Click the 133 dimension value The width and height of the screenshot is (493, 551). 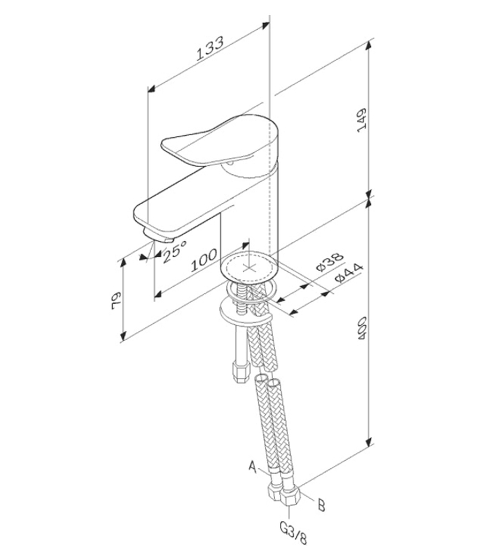[x=210, y=48]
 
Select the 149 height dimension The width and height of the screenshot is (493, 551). [x=361, y=120]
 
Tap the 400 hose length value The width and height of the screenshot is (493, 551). [x=362, y=329]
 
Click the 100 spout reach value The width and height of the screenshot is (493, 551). [x=204, y=261]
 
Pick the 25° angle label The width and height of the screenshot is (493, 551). [x=175, y=251]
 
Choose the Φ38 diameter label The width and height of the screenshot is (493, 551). [x=330, y=262]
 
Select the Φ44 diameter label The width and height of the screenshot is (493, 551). [x=348, y=273]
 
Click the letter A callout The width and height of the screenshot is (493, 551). [x=253, y=466]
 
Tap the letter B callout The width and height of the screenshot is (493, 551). [x=321, y=506]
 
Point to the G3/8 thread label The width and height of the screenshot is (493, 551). [x=293, y=533]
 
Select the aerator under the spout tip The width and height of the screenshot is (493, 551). [x=159, y=236]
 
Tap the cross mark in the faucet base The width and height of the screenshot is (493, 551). [x=249, y=268]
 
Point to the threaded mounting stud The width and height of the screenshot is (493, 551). [x=241, y=298]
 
